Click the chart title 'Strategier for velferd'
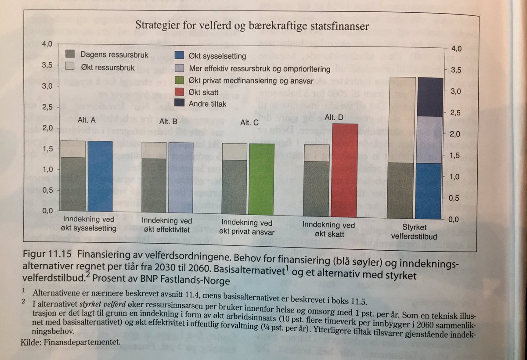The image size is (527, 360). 252,25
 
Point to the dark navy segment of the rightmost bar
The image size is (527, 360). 430,97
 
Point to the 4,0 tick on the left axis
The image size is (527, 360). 47,44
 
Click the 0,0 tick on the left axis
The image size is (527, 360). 47,211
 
